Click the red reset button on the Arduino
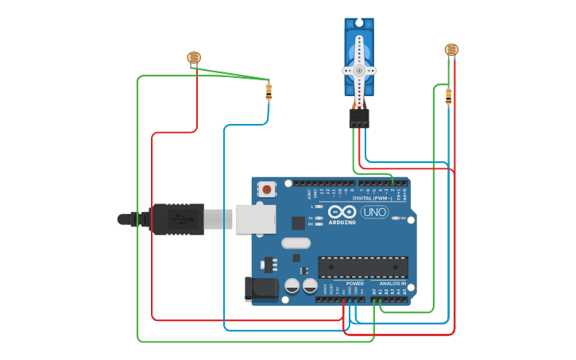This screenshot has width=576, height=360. pos(266,189)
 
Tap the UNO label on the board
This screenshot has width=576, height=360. pos(374,212)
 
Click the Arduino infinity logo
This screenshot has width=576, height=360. pos(342,212)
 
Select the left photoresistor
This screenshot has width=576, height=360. pos(194,57)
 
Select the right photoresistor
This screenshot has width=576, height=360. pos(451,50)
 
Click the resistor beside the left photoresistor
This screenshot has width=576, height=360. pos(269,91)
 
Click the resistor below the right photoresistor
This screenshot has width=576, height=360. pos(448,96)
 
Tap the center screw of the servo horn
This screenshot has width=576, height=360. pos(359,70)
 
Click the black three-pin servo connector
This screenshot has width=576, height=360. pos(359,118)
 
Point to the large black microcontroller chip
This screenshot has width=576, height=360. pos(363,267)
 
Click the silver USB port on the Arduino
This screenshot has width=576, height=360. pos(255,219)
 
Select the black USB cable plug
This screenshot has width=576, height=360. pos(176,219)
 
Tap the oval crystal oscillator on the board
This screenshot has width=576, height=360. pos(295,243)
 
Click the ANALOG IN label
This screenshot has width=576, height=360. pos(392,283)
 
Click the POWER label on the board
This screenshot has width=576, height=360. pos(355,283)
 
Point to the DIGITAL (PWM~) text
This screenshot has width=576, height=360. pos(383,198)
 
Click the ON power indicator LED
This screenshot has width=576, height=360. pos(393,218)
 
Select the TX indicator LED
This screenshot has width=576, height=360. pos(319,217)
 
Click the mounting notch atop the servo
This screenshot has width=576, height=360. pos(359,21)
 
